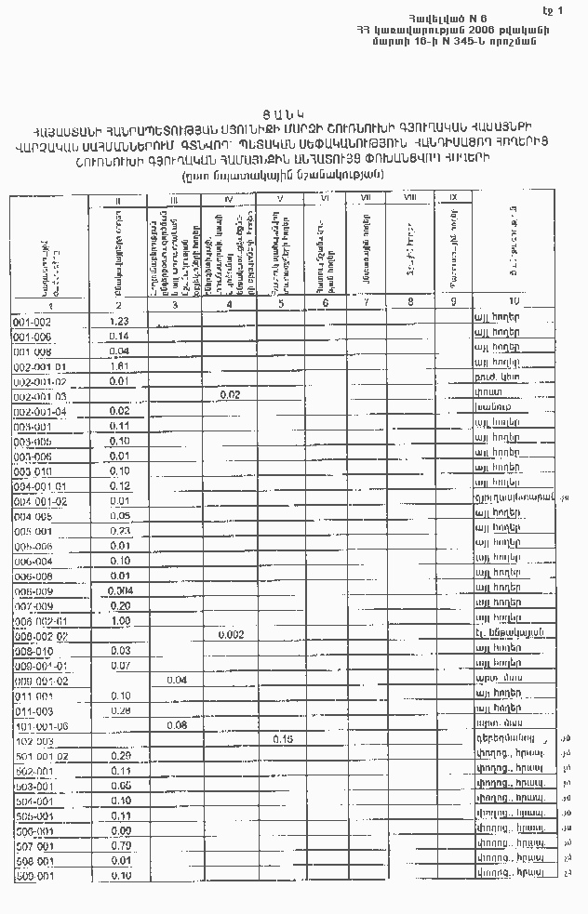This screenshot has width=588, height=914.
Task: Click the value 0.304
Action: click(118, 590)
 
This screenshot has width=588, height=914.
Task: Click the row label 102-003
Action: click(33, 741)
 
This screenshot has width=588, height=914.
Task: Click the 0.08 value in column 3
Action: click(176, 724)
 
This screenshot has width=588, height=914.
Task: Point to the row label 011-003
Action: click(33, 710)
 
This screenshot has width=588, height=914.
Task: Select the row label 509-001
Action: click(33, 876)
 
